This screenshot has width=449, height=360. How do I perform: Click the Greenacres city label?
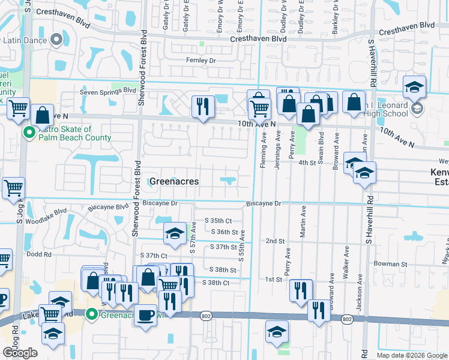(173, 181)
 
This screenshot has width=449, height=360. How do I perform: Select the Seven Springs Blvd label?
(109, 91)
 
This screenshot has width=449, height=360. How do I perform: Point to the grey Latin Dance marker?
(57, 40)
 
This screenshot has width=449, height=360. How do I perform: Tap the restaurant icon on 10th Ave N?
(203, 107)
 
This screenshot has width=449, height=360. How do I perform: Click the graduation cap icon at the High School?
(414, 86)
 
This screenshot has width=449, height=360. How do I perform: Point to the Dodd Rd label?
(39, 254)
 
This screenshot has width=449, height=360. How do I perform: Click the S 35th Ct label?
(218, 221)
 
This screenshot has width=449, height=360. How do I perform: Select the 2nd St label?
(275, 241)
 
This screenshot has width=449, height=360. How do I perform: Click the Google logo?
(20, 353)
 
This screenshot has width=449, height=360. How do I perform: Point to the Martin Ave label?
(303, 222)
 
